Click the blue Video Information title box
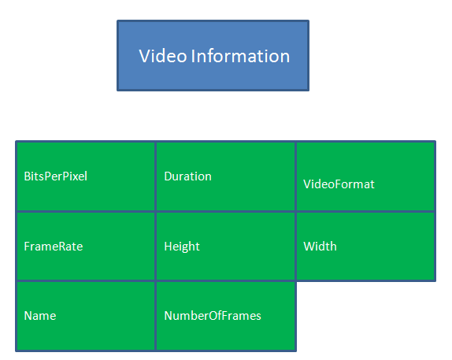click(x=213, y=55)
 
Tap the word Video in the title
click(x=163, y=56)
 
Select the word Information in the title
click(x=240, y=56)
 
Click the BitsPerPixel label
click(x=56, y=176)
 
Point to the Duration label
click(x=187, y=176)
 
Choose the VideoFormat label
click(x=339, y=184)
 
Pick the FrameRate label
click(x=54, y=247)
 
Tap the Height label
click(x=182, y=247)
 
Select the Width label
click(x=320, y=247)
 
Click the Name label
click(x=40, y=316)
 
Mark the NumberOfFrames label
click(x=213, y=316)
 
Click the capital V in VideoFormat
click(x=307, y=184)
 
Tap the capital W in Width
click(x=309, y=247)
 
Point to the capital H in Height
click(x=168, y=247)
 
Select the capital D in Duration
click(x=169, y=176)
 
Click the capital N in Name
click(x=28, y=316)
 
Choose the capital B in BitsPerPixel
click(x=28, y=176)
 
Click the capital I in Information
click(x=192, y=56)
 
